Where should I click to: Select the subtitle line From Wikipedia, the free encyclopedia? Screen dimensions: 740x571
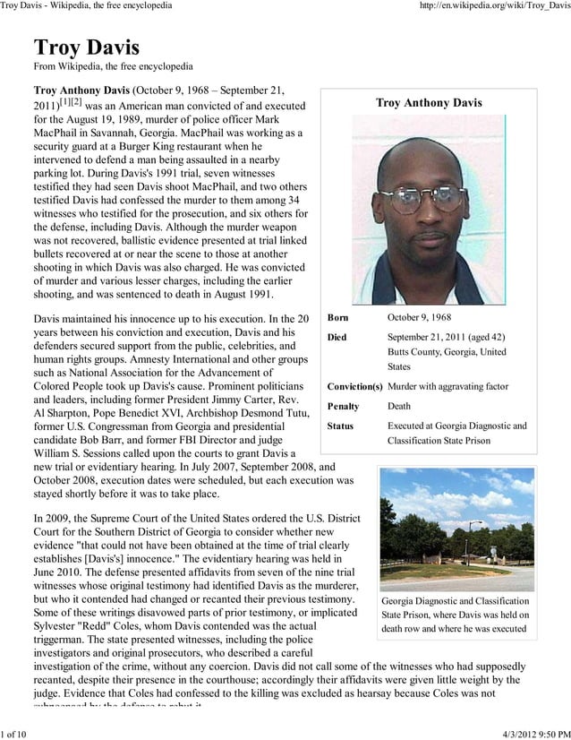pos(113,66)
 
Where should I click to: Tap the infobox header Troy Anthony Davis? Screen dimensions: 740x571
pos(429,104)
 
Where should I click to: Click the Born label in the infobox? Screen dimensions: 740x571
pos(338,318)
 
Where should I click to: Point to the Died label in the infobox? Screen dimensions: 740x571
pos(337,337)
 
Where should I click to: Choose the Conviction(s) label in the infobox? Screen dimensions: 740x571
pos(354,386)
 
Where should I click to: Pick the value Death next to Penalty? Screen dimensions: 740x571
pos(399,406)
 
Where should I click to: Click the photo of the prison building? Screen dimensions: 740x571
pos(456,528)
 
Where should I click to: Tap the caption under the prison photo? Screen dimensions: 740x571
pos(456,615)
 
